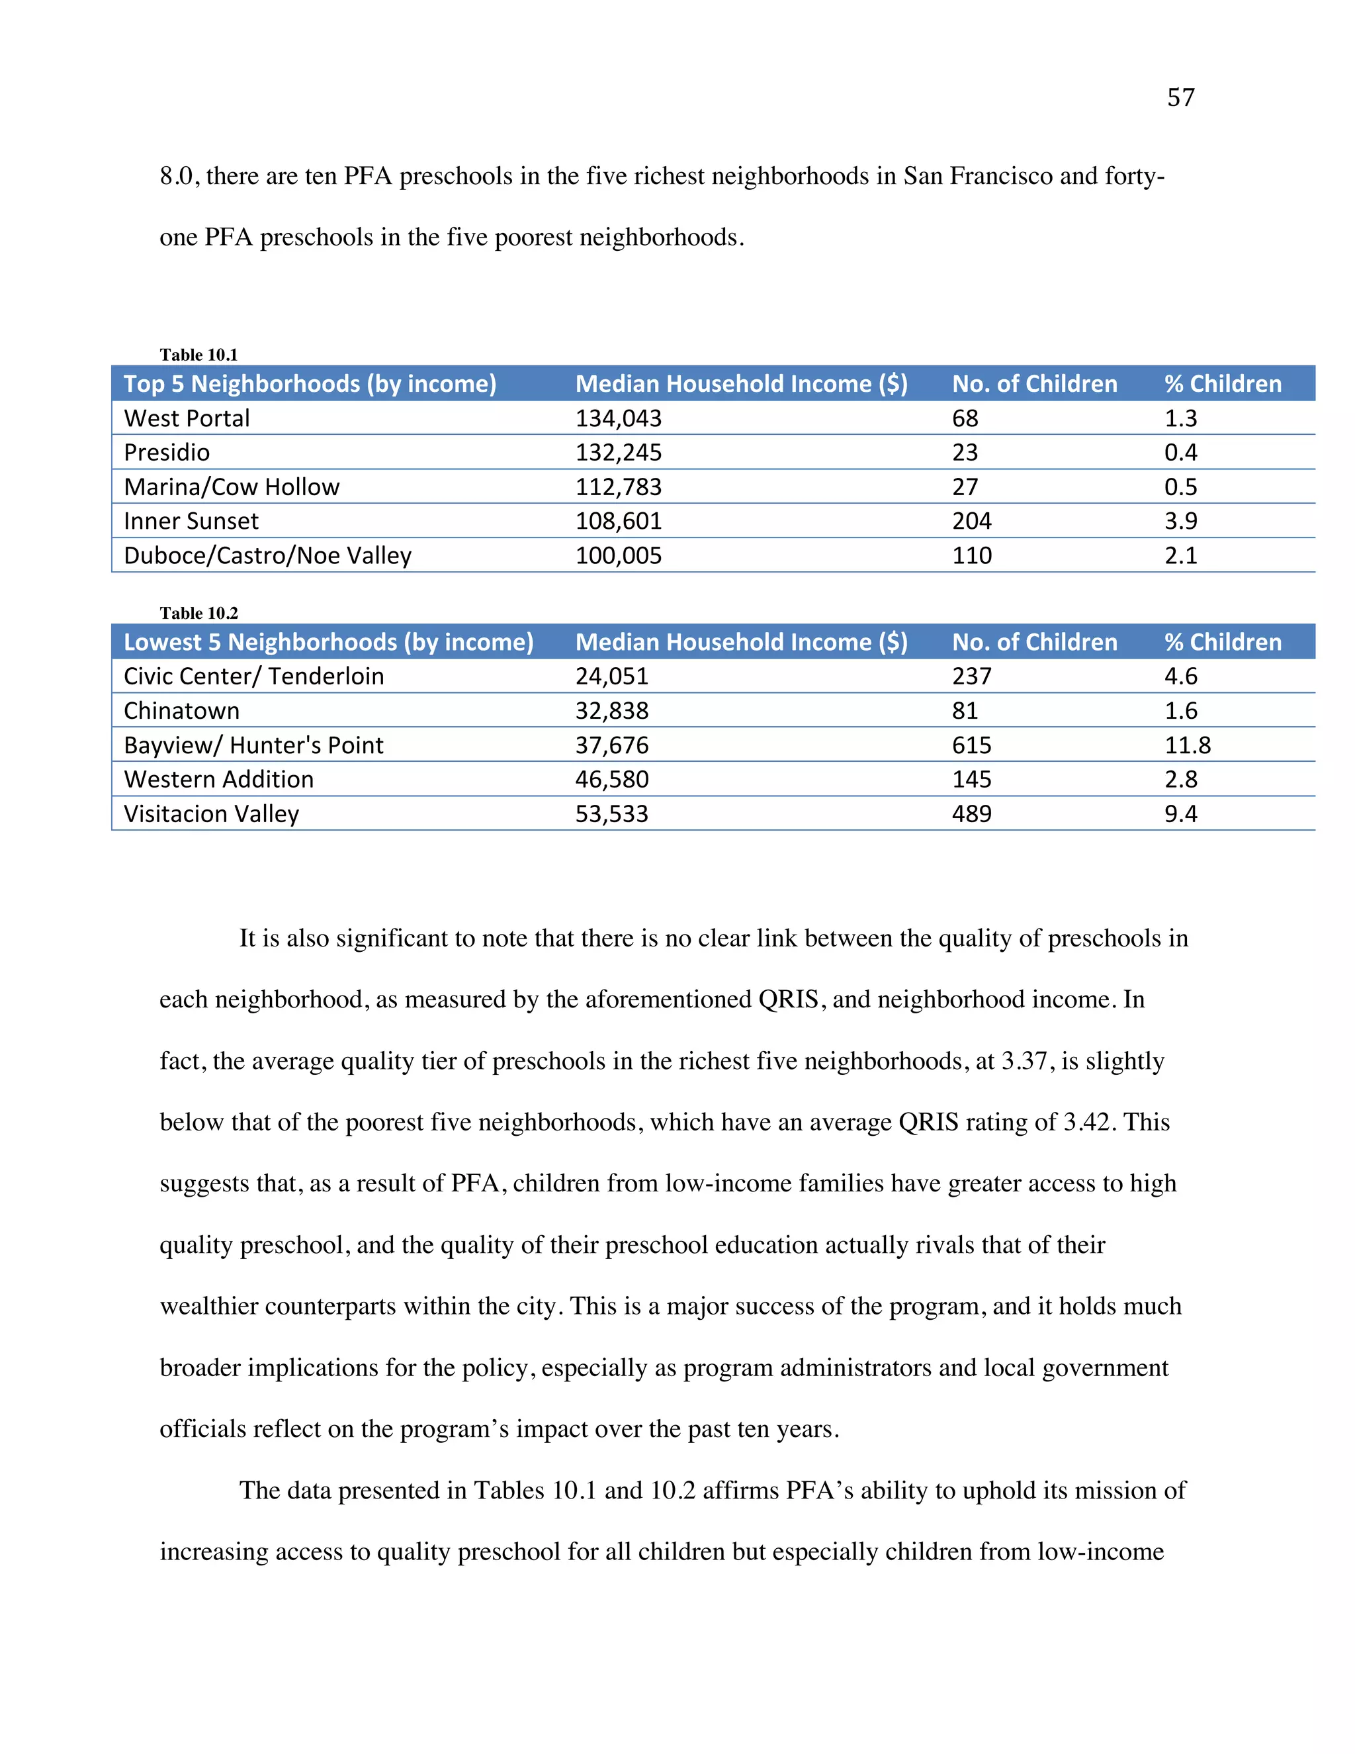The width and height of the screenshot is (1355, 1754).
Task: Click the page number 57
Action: (x=1180, y=97)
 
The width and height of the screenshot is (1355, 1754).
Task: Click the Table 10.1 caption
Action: (x=198, y=354)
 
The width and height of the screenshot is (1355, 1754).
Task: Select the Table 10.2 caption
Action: (x=198, y=613)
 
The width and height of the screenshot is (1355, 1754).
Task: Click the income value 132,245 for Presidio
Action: (x=618, y=452)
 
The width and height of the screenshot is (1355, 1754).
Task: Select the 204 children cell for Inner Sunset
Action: (x=971, y=521)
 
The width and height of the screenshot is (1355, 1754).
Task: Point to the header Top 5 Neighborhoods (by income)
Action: (x=310, y=384)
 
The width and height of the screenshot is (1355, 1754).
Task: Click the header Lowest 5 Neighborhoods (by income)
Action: (x=328, y=641)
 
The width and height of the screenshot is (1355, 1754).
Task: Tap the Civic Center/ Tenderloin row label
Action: (x=253, y=676)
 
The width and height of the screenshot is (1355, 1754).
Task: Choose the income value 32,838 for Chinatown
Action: (x=612, y=711)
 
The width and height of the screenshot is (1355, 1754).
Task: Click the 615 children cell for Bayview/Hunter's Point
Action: (x=971, y=745)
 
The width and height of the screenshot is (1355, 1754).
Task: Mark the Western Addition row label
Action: (x=218, y=779)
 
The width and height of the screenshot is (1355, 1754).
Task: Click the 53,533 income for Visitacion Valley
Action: (x=612, y=813)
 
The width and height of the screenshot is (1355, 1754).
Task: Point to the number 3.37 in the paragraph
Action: (x=1024, y=1061)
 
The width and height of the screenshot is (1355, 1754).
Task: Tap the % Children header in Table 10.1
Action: (x=1223, y=384)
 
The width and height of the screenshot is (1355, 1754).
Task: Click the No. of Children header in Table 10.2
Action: (x=1034, y=641)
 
